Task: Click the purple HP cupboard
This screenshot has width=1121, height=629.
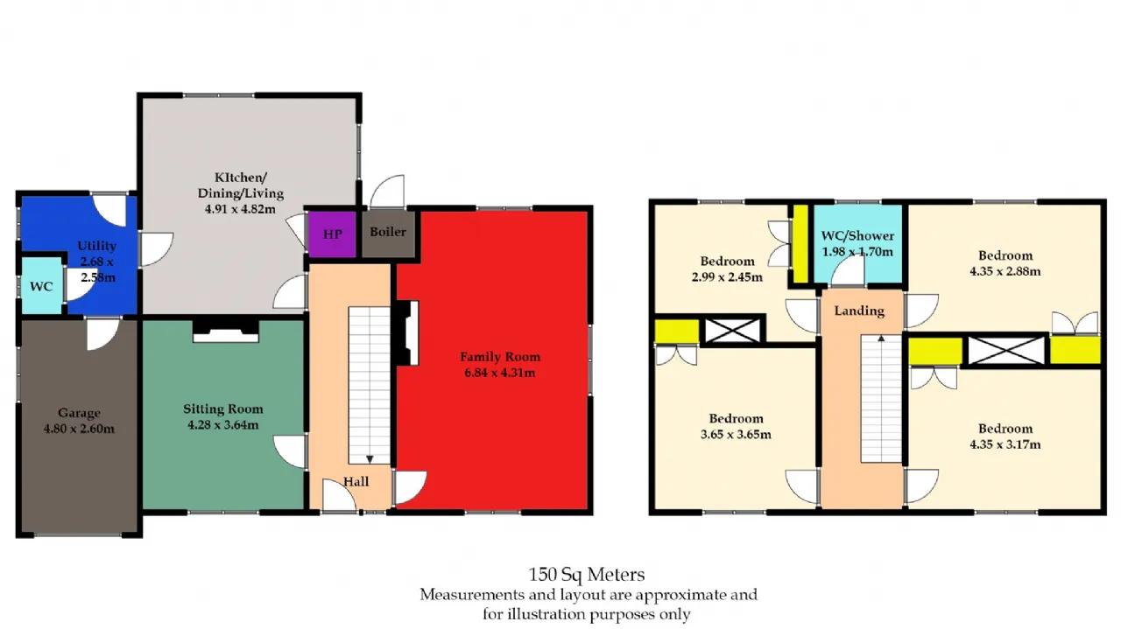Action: click(x=332, y=234)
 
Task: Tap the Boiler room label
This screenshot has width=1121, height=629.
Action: click(x=388, y=232)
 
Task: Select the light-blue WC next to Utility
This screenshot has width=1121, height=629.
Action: click(x=41, y=286)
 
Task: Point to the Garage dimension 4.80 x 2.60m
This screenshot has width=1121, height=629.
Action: click(x=79, y=429)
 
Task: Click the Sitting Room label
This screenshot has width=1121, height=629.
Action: click(x=223, y=409)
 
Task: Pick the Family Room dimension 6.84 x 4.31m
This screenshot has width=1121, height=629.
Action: click(x=500, y=373)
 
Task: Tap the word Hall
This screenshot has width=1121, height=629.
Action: click(x=356, y=481)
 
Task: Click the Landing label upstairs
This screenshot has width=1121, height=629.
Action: click(x=859, y=311)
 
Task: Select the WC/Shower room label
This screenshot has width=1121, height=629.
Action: click(x=857, y=235)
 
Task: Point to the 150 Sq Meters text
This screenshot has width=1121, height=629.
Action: click(x=587, y=574)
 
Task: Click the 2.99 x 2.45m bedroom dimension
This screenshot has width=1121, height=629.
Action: click(x=727, y=276)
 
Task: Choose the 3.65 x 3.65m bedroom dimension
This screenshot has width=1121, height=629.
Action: click(x=736, y=434)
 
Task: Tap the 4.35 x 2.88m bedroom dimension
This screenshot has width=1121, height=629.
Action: click(x=1005, y=271)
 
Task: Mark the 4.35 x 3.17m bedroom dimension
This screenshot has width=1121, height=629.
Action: click(x=1005, y=444)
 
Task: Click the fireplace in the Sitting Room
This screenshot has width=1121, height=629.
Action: click(x=226, y=331)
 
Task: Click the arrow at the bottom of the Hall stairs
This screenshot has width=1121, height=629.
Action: click(x=370, y=459)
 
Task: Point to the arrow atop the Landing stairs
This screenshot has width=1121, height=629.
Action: click(x=881, y=339)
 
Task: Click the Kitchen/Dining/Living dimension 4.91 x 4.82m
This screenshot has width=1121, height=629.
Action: click(x=240, y=209)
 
